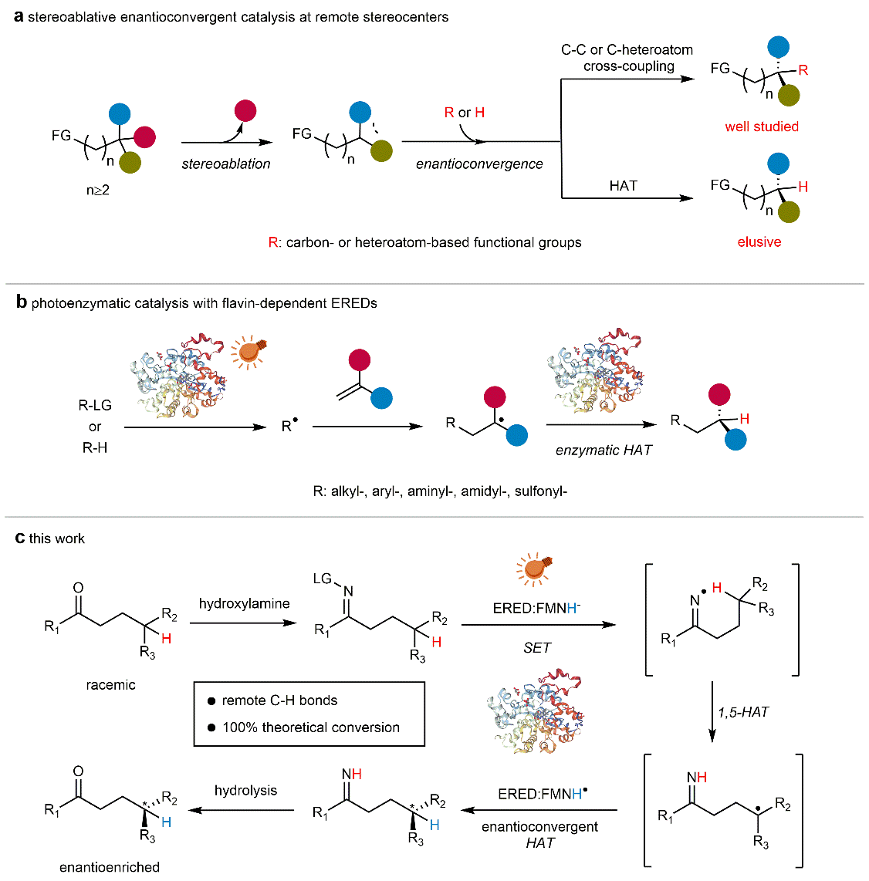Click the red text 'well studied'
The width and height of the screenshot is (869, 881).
(761, 127)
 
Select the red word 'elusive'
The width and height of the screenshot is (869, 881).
(759, 242)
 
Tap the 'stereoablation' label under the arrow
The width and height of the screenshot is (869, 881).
(226, 164)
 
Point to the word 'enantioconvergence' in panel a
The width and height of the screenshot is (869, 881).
(479, 164)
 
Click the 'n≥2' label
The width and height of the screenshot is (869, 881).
(98, 190)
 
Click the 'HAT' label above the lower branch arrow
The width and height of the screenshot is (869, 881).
(623, 185)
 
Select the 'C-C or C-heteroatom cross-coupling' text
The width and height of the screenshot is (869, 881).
(627, 58)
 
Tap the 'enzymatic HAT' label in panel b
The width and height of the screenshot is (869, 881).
(604, 450)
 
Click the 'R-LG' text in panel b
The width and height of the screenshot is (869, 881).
(95, 405)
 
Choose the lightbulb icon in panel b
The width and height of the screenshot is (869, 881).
(249, 351)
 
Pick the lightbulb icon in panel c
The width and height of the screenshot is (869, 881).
(534, 569)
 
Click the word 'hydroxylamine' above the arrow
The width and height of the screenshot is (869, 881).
(244, 603)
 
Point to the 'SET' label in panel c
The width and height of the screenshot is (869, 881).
(537, 647)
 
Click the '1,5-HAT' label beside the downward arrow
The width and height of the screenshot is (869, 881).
(743, 712)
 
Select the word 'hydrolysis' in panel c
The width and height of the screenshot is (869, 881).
(245, 791)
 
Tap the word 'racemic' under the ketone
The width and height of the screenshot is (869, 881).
(110, 685)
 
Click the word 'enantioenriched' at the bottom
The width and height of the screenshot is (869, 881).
(110, 867)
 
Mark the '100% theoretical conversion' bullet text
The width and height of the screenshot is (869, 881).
(311, 727)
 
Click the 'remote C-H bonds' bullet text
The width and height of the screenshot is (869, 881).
(279, 700)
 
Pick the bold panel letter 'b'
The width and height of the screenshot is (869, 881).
(22, 302)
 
